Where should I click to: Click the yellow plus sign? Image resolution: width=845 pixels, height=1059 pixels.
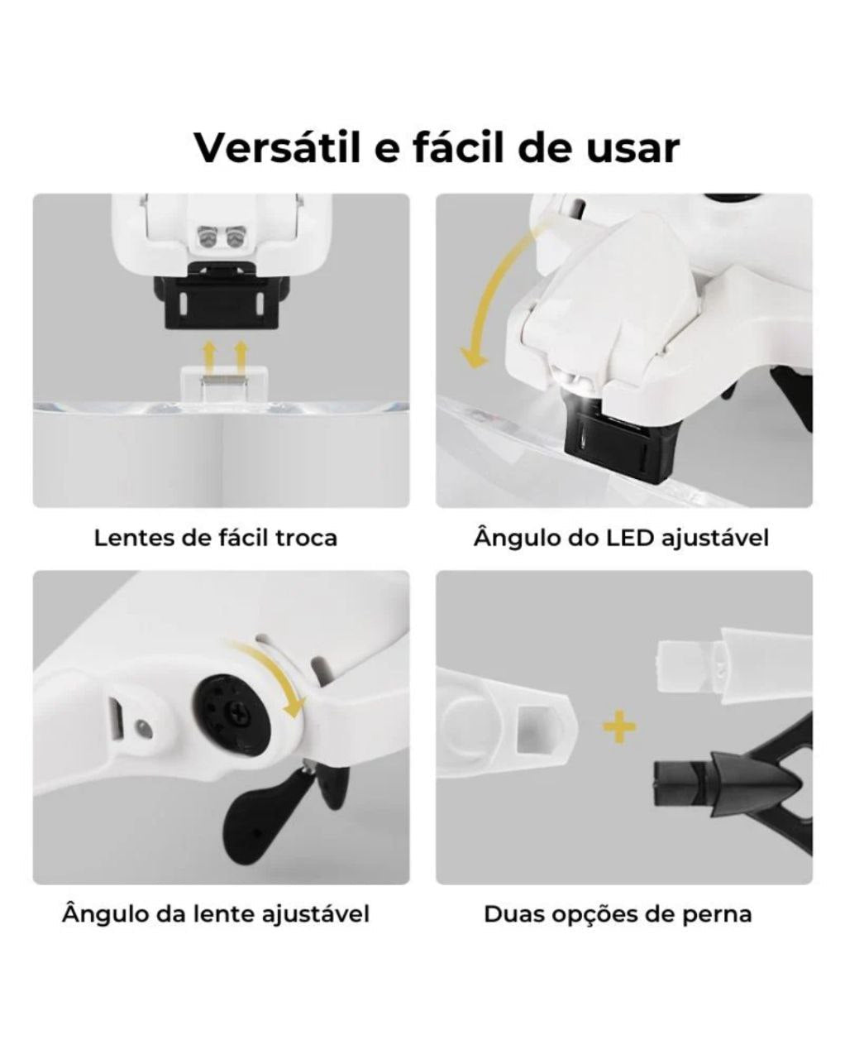click(619, 728)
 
